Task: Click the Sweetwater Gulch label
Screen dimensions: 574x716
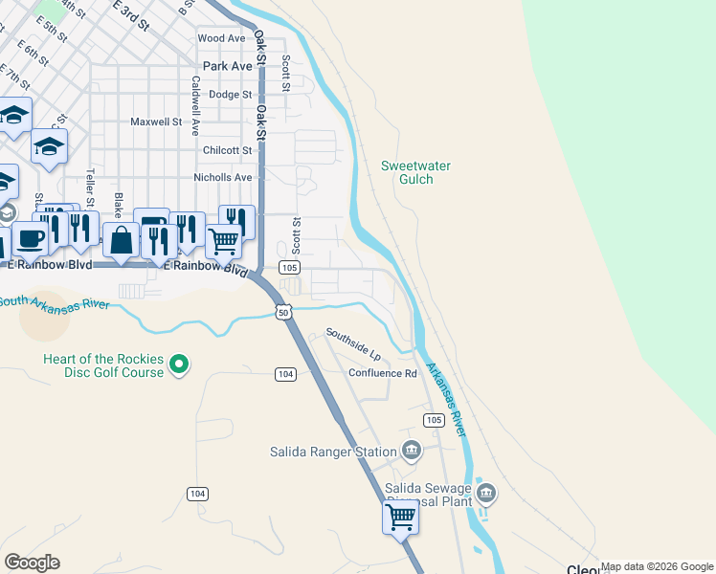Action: [x=415, y=172]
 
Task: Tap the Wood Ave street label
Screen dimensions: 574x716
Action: [x=221, y=38]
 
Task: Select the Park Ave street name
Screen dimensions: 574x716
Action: [x=228, y=66]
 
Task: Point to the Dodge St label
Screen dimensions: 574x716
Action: [x=230, y=95]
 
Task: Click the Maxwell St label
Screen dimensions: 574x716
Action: [x=156, y=121]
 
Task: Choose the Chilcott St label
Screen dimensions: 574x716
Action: [x=228, y=150]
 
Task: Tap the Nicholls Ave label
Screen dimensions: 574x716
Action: [x=223, y=177]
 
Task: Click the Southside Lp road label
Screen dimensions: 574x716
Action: [x=353, y=340]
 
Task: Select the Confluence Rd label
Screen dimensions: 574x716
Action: [x=383, y=373]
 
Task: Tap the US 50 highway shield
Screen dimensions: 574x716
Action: [x=283, y=312]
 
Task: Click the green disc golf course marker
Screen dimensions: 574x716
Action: [x=178, y=364]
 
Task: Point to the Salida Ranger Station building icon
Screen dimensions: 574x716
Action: [x=412, y=451]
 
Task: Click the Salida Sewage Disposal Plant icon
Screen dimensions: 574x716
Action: [x=486, y=494]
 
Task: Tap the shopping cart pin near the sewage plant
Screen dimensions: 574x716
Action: [x=400, y=519]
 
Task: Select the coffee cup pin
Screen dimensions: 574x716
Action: [x=29, y=240]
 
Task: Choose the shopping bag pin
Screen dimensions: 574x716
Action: [x=122, y=240]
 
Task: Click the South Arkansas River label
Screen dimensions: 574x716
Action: [x=54, y=302]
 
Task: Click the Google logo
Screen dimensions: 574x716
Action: [x=33, y=563]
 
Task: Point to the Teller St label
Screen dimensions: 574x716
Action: [x=91, y=188]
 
